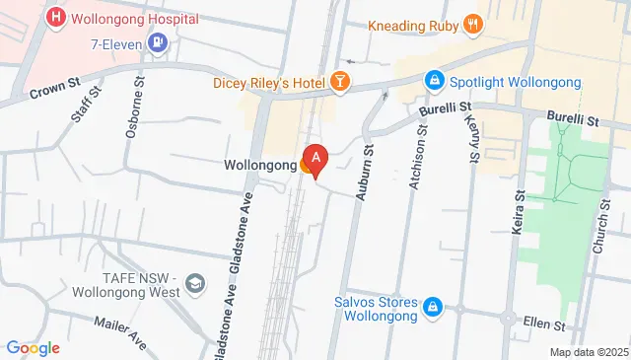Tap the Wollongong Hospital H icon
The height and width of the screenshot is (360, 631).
(55, 18)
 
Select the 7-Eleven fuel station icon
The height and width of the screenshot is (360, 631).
(157, 42)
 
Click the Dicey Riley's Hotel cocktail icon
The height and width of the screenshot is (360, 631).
(340, 82)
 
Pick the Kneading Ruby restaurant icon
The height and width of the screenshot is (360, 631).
(473, 25)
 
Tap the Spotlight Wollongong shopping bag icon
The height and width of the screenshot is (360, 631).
(432, 79)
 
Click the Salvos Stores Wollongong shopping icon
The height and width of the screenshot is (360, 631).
(432, 309)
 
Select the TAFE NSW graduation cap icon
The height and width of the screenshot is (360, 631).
(195, 284)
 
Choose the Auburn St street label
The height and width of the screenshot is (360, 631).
(363, 160)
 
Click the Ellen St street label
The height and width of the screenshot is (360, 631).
(545, 324)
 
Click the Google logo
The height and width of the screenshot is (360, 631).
(33, 348)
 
